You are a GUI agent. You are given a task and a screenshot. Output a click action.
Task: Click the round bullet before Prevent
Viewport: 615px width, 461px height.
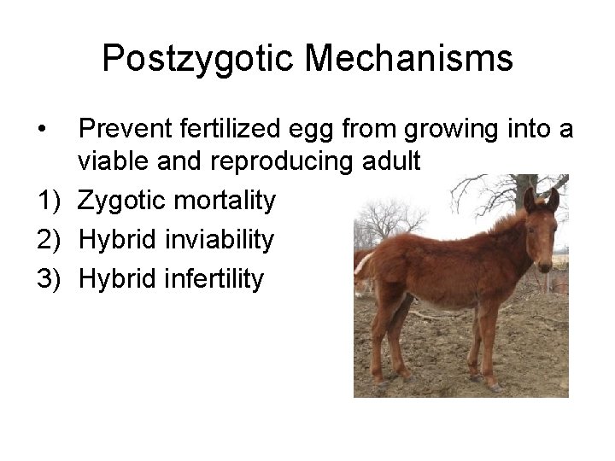click(x=41, y=130)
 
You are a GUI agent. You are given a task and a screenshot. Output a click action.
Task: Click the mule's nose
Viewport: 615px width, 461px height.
click(x=544, y=262)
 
